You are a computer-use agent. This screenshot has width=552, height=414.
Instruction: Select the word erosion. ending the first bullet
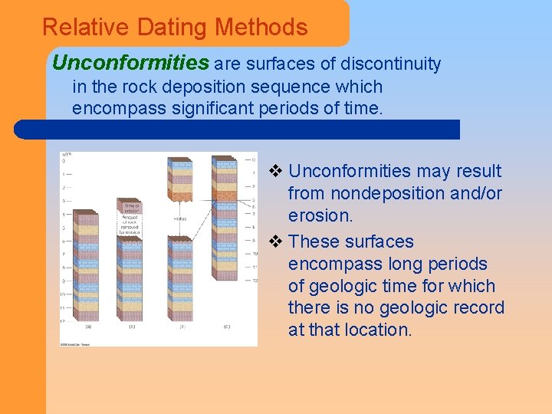(x=320, y=215)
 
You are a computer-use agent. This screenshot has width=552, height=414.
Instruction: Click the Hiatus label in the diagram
(x=180, y=219)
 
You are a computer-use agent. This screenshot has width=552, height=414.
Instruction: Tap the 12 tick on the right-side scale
(x=254, y=281)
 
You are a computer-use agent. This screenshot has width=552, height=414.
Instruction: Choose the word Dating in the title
(x=173, y=28)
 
